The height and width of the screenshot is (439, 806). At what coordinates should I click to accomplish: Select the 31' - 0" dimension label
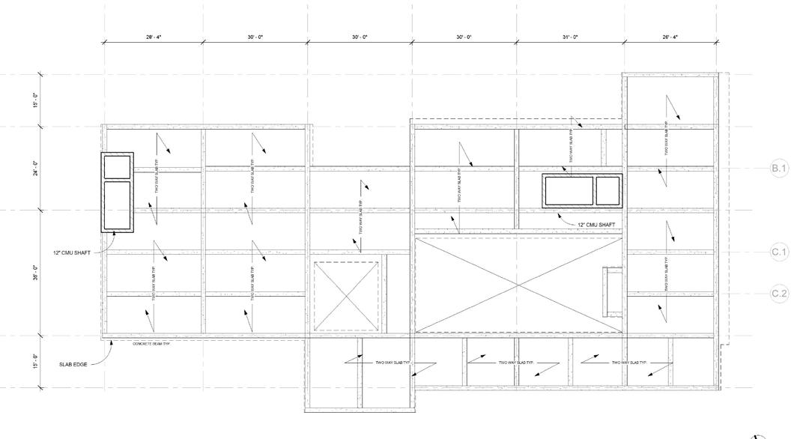[570, 37]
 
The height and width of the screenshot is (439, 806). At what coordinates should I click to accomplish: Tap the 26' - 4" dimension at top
[669, 37]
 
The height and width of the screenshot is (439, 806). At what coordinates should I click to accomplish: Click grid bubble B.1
[779, 168]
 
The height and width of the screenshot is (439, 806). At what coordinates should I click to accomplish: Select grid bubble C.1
[779, 252]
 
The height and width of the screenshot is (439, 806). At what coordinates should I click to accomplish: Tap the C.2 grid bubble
[779, 293]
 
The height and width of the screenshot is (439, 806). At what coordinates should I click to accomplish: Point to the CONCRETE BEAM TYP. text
[152, 344]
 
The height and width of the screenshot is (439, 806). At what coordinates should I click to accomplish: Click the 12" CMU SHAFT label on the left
[72, 252]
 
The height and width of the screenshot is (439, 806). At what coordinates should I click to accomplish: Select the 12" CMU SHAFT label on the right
[597, 225]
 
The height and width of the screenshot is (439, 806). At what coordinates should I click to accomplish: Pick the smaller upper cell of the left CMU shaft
[117, 167]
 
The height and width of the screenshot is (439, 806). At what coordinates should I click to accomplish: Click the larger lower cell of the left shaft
[117, 207]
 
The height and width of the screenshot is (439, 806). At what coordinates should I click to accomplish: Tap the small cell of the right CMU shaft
[607, 191]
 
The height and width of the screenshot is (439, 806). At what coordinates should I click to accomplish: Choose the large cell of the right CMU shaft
[569, 191]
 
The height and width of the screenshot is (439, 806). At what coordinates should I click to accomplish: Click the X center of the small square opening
[345, 296]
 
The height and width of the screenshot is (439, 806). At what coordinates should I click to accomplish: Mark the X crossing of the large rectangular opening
[518, 285]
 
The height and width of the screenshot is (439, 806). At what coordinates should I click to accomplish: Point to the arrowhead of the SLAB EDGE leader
[112, 342]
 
